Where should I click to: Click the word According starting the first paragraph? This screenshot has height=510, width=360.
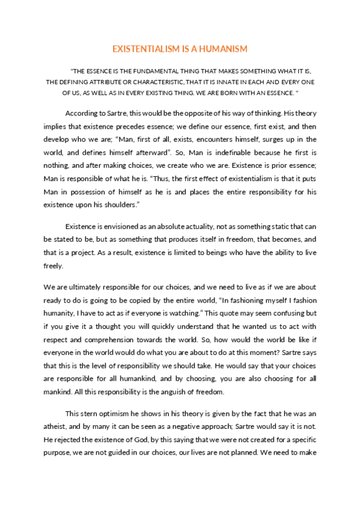pyautogui.click(x=82, y=113)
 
